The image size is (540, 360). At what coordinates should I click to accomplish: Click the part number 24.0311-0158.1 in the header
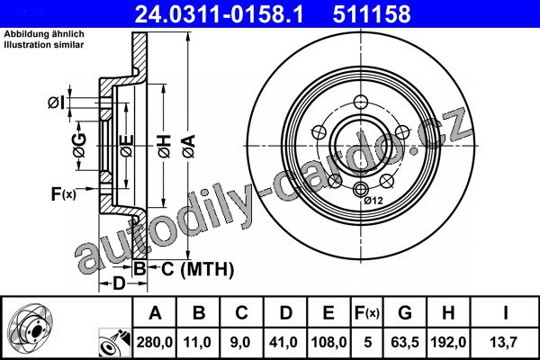coord(219,14)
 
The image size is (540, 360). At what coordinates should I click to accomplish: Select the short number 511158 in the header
coord(372,14)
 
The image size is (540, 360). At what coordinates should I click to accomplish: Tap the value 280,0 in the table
coord(154,342)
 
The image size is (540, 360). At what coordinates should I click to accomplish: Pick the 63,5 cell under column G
coord(405,342)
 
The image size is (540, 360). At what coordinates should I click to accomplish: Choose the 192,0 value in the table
coord(448,342)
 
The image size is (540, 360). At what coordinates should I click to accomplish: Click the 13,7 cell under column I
coord(505,342)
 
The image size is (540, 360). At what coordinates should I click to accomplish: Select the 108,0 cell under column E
coord(328,342)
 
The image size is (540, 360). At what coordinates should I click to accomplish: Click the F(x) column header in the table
coord(367,313)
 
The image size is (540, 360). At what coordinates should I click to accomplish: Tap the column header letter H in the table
coord(448,313)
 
